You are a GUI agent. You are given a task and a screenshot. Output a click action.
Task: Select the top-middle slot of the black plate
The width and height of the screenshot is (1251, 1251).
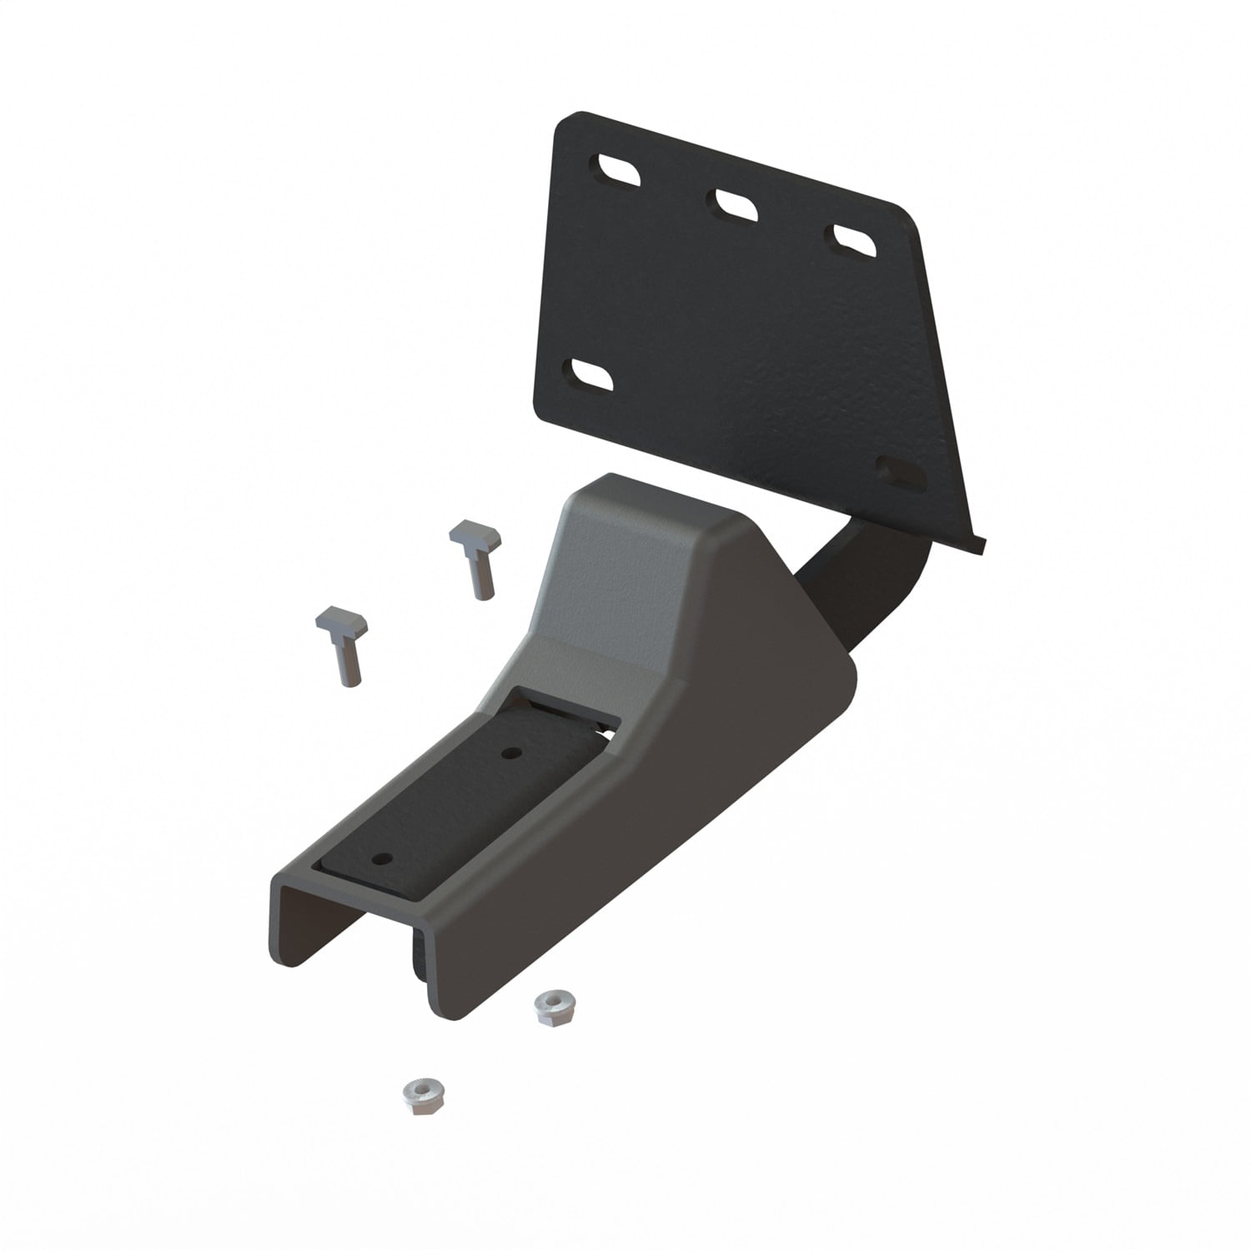[x=735, y=205]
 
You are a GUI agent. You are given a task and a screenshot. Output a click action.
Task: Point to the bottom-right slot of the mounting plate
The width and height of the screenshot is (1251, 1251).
[x=902, y=473]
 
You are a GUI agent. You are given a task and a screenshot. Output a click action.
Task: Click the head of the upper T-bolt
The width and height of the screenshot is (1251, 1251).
[x=475, y=533]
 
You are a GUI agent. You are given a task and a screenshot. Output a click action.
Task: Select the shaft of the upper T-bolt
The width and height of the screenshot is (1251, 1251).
[x=482, y=575]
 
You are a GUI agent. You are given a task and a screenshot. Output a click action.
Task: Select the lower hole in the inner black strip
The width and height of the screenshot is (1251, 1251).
[x=383, y=858]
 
